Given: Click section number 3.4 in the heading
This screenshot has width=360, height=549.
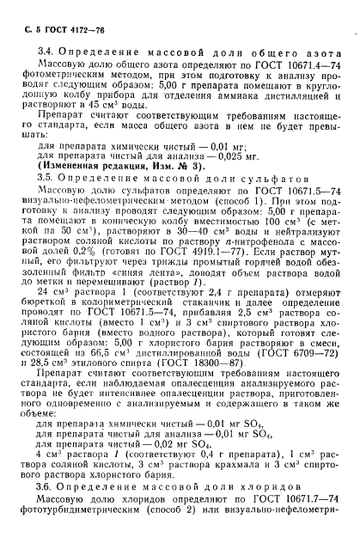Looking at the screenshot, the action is click(x=48, y=53).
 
